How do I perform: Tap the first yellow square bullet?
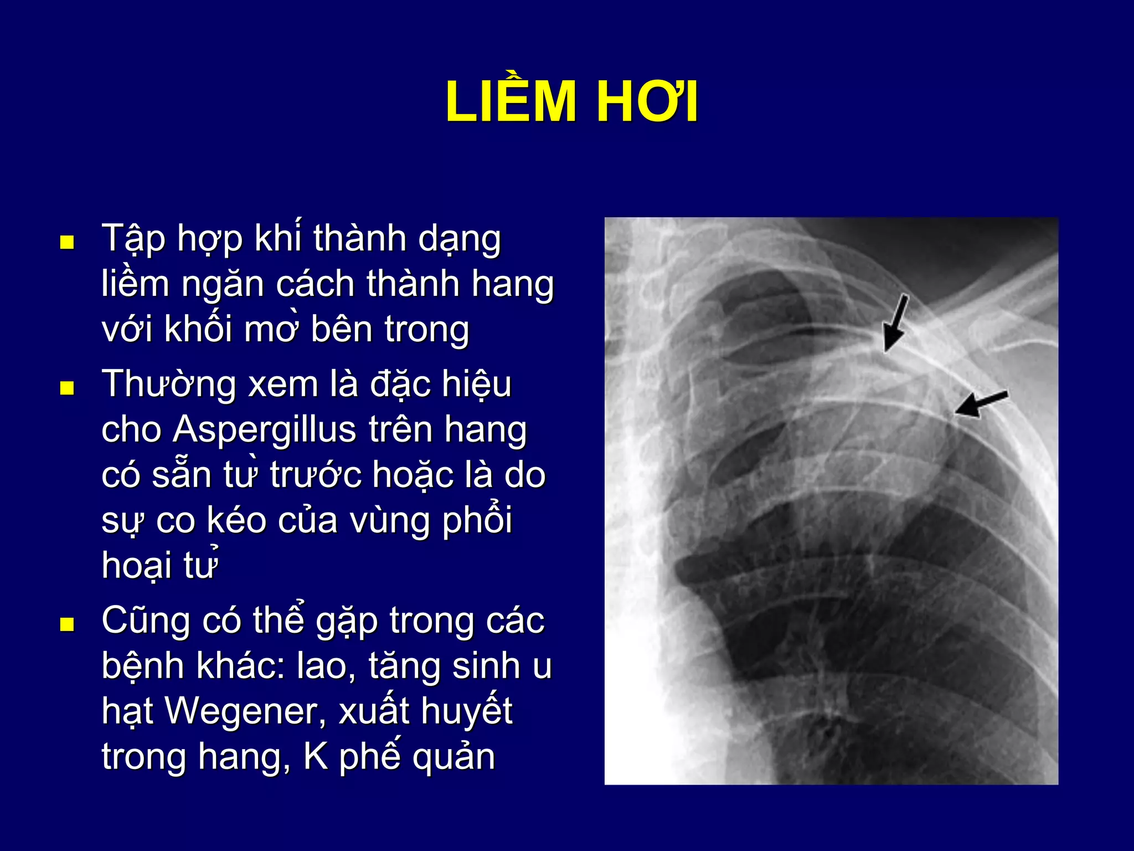pos(67,243)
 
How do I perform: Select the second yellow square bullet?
pos(67,388)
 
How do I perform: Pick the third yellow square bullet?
pos(67,624)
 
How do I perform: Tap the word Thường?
pos(169,385)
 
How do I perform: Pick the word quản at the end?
pos(453,757)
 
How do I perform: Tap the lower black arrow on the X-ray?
pos(980,403)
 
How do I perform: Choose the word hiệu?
pos(476,385)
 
